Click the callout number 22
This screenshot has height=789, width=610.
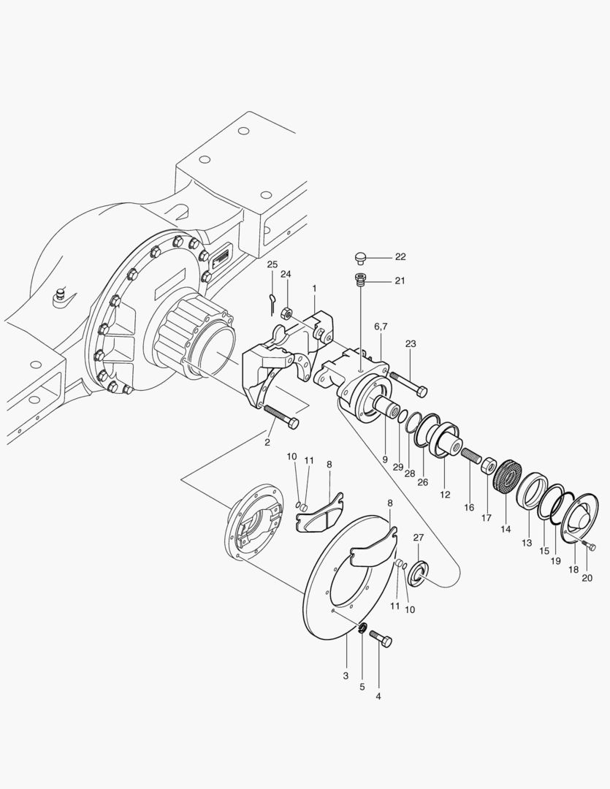pos(400,257)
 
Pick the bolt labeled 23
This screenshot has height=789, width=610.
pos(408,383)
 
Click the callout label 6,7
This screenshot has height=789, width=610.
pos(381,326)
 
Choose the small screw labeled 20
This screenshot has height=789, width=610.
pos(588,546)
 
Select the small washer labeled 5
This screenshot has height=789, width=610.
pos(362,628)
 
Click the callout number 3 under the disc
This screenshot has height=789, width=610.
pos(346,676)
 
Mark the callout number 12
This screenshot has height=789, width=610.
pos(445,495)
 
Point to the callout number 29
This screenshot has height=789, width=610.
pos(398,465)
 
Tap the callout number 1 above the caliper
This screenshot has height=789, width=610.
pos(314,289)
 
